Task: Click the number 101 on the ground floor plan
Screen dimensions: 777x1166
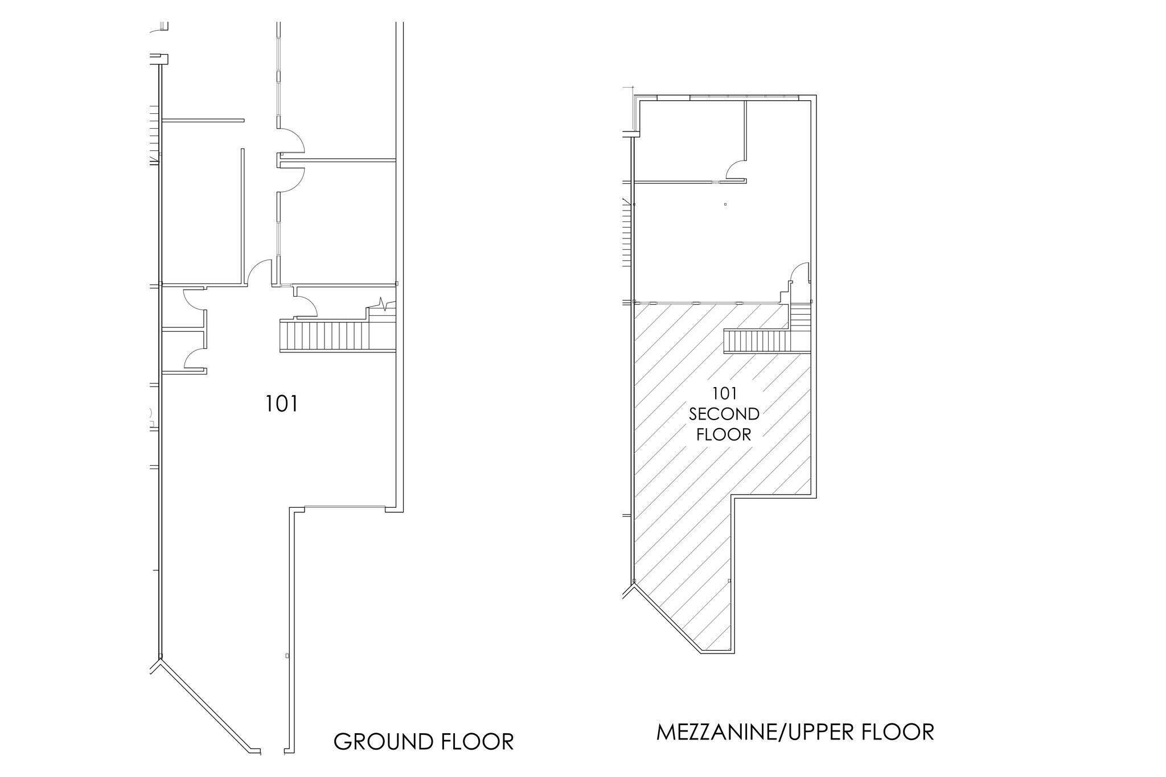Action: pos(282,404)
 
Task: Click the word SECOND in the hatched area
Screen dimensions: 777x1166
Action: pos(724,414)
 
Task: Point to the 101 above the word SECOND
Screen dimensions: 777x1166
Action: pos(724,393)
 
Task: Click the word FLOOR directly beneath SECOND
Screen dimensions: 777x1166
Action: pos(724,435)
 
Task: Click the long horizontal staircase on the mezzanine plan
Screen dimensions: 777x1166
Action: pos(757,342)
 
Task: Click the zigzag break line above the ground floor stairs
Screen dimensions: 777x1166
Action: pos(386,305)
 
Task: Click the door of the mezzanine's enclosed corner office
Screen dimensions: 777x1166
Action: pos(737,170)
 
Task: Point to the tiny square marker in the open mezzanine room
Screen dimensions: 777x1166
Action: pos(725,204)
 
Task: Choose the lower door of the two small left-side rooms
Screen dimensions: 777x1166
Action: pos(194,359)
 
